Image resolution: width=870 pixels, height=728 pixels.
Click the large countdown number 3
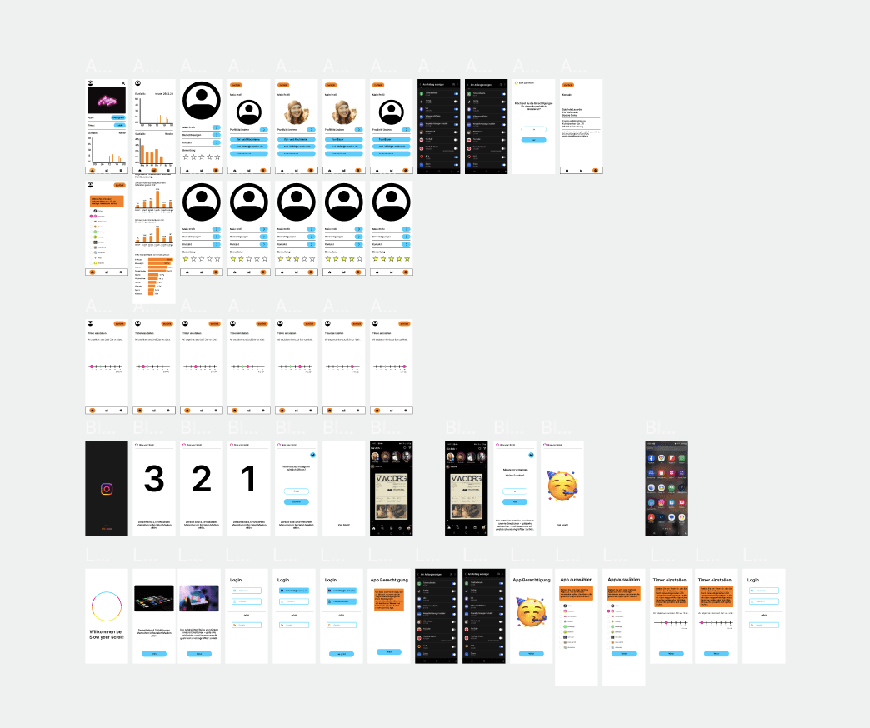pyautogui.click(x=154, y=479)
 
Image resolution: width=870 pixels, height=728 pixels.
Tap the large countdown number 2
pyautogui.click(x=202, y=479)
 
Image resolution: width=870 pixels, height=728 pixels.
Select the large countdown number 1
pyautogui.click(x=249, y=479)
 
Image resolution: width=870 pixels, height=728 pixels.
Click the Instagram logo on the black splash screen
pyautogui.click(x=107, y=490)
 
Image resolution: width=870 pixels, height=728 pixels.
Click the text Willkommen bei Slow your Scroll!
pyautogui.click(x=107, y=633)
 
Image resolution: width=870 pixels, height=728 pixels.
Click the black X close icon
pyautogui.click(x=123, y=83)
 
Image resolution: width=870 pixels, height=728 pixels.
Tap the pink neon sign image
pyautogui.click(x=107, y=101)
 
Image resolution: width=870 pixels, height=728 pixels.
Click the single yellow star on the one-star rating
pyautogui.click(x=186, y=259)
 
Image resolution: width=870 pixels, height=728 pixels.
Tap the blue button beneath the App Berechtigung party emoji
pyautogui.click(x=532, y=653)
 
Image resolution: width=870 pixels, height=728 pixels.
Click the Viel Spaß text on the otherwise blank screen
pyautogui.click(x=344, y=525)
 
